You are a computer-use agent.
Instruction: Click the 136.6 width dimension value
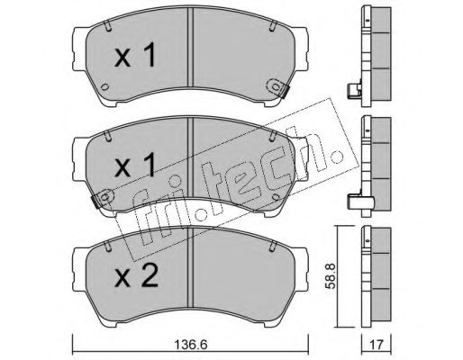pyautogui.click(x=191, y=345)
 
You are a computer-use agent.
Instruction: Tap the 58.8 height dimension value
pyautogui.click(x=331, y=276)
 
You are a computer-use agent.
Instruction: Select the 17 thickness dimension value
pyautogui.click(x=377, y=345)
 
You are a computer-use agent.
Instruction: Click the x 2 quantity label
pyautogui.click(x=136, y=276)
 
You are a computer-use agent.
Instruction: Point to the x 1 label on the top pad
pyautogui.click(x=135, y=54)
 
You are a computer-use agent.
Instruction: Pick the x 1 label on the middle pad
pyautogui.click(x=135, y=165)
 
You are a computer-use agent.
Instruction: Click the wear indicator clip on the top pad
pyautogui.click(x=277, y=87)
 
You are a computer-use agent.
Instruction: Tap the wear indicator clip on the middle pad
pyautogui.click(x=102, y=198)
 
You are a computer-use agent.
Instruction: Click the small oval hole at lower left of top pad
pyautogui.click(x=104, y=87)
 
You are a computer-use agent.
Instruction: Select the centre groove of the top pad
pyautogui.click(x=190, y=48)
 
